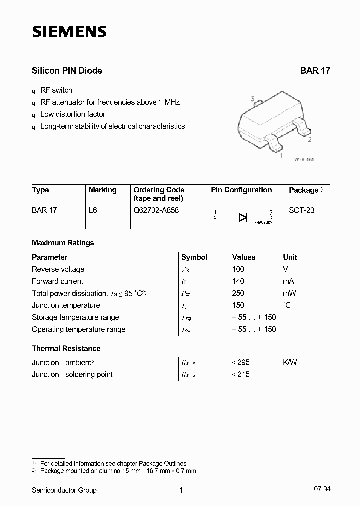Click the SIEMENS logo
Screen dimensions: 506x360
(x=69, y=32)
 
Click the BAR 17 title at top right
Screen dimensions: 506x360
(x=315, y=71)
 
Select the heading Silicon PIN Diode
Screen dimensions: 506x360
(x=67, y=71)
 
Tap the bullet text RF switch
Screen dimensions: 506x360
(x=56, y=90)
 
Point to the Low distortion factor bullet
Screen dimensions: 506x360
(x=73, y=114)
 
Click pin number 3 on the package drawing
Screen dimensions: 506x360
(x=253, y=99)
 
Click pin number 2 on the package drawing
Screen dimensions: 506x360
(x=310, y=140)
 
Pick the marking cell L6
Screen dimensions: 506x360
(x=93, y=210)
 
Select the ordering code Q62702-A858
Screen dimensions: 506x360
(x=156, y=210)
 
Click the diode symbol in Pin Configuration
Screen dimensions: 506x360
(x=243, y=217)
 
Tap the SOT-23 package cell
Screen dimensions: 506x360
(x=302, y=210)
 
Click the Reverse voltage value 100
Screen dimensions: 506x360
(x=238, y=269)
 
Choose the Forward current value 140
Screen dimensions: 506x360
(x=238, y=281)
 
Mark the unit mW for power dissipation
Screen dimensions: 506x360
(x=290, y=293)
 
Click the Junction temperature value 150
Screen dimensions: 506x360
(x=238, y=305)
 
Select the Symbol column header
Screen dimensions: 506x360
(x=194, y=257)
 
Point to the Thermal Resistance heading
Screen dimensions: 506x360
(x=66, y=348)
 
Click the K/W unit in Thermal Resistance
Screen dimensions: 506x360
(x=290, y=362)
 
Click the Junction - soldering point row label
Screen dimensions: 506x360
(x=72, y=374)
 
